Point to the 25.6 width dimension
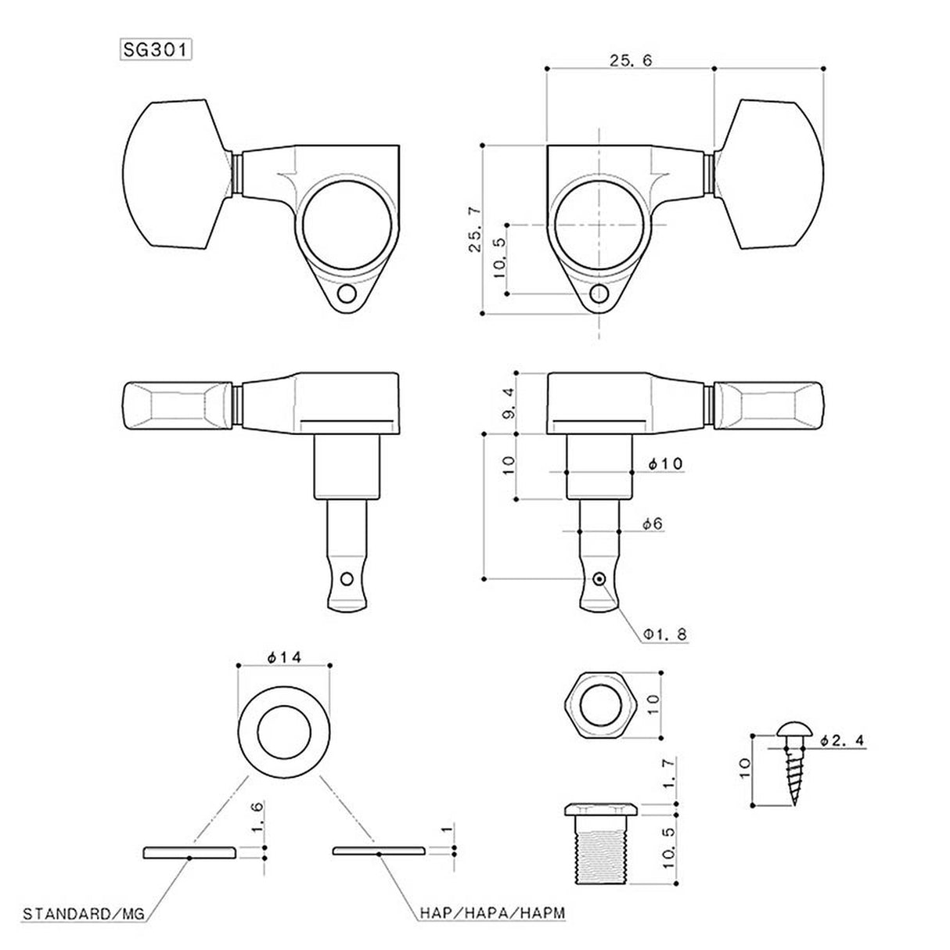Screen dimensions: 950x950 (630, 59)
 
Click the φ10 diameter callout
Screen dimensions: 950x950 (665, 464)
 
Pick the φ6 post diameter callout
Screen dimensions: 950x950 (653, 524)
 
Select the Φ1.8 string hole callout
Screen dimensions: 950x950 (665, 635)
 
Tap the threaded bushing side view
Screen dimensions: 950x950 (601, 844)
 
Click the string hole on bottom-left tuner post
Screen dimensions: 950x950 (345, 579)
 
